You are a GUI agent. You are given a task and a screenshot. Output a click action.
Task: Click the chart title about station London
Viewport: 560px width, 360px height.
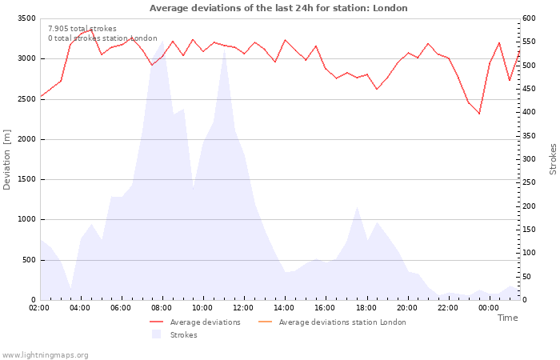pos(278,8)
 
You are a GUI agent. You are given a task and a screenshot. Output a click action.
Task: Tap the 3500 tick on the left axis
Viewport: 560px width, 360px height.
pos(26,18)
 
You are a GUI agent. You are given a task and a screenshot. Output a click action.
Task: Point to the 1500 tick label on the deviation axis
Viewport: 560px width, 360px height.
pos(26,179)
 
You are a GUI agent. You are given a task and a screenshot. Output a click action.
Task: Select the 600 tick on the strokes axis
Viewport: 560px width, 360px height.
pos(529,18)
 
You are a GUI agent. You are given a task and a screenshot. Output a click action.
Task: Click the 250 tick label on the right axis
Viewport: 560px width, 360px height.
pos(529,182)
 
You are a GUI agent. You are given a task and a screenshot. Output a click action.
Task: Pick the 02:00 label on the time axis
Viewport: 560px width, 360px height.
pos(39,308)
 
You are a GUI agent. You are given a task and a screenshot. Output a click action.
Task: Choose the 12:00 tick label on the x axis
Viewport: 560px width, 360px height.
pos(243,308)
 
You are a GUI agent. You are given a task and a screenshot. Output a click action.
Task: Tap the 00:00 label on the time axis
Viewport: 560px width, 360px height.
pos(489,308)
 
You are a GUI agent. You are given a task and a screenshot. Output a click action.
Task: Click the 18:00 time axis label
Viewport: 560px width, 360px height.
pos(366,308)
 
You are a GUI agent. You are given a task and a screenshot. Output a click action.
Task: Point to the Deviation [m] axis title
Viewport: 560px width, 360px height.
pos(6,159)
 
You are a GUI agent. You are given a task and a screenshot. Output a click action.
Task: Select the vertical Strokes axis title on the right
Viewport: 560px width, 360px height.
pos(553,159)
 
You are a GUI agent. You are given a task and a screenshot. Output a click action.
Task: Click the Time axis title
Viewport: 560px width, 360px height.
pos(507,318)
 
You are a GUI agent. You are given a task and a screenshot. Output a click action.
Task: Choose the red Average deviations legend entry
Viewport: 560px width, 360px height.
pos(195,322)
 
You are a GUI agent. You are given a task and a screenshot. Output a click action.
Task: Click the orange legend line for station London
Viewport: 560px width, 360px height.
pos(265,322)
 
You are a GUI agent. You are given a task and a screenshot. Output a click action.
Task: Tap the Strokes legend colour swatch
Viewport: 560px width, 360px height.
pos(157,334)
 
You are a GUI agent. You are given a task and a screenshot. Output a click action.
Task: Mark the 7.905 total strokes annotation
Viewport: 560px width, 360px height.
pos(82,29)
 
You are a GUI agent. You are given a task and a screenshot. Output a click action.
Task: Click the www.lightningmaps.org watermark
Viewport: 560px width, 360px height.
pos(45,355)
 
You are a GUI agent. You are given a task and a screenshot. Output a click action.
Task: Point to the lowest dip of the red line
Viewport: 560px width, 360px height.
pos(479,114)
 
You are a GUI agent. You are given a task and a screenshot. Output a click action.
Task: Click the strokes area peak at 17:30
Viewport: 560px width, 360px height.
pos(357,206)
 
